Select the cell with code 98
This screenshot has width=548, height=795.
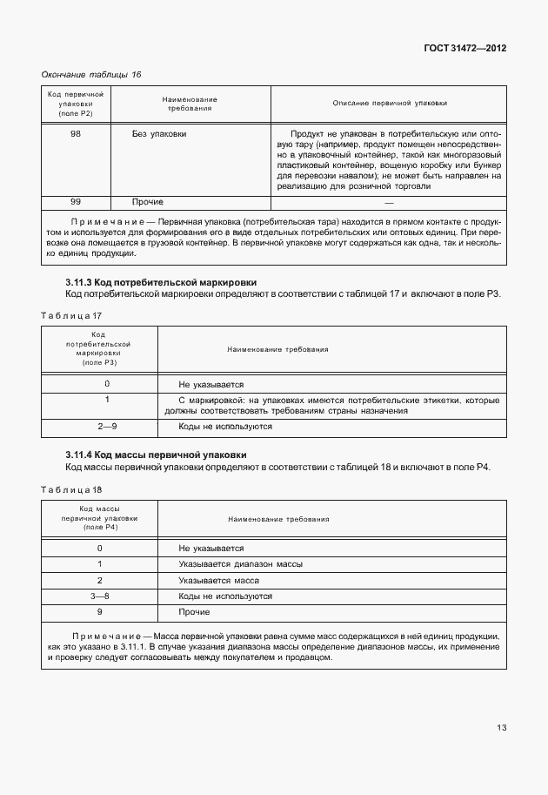[x=76, y=134]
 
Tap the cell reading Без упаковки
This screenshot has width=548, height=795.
[x=158, y=134]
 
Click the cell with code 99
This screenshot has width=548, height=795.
[x=76, y=202]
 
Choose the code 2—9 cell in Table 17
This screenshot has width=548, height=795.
[x=107, y=427]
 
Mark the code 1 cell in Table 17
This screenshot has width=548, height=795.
[x=107, y=400]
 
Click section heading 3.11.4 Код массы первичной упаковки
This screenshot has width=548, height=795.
[x=156, y=455]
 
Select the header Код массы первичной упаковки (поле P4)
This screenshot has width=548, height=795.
[x=99, y=519]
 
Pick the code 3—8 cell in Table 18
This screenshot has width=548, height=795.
[x=99, y=596]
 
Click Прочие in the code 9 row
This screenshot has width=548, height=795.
[x=194, y=612]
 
